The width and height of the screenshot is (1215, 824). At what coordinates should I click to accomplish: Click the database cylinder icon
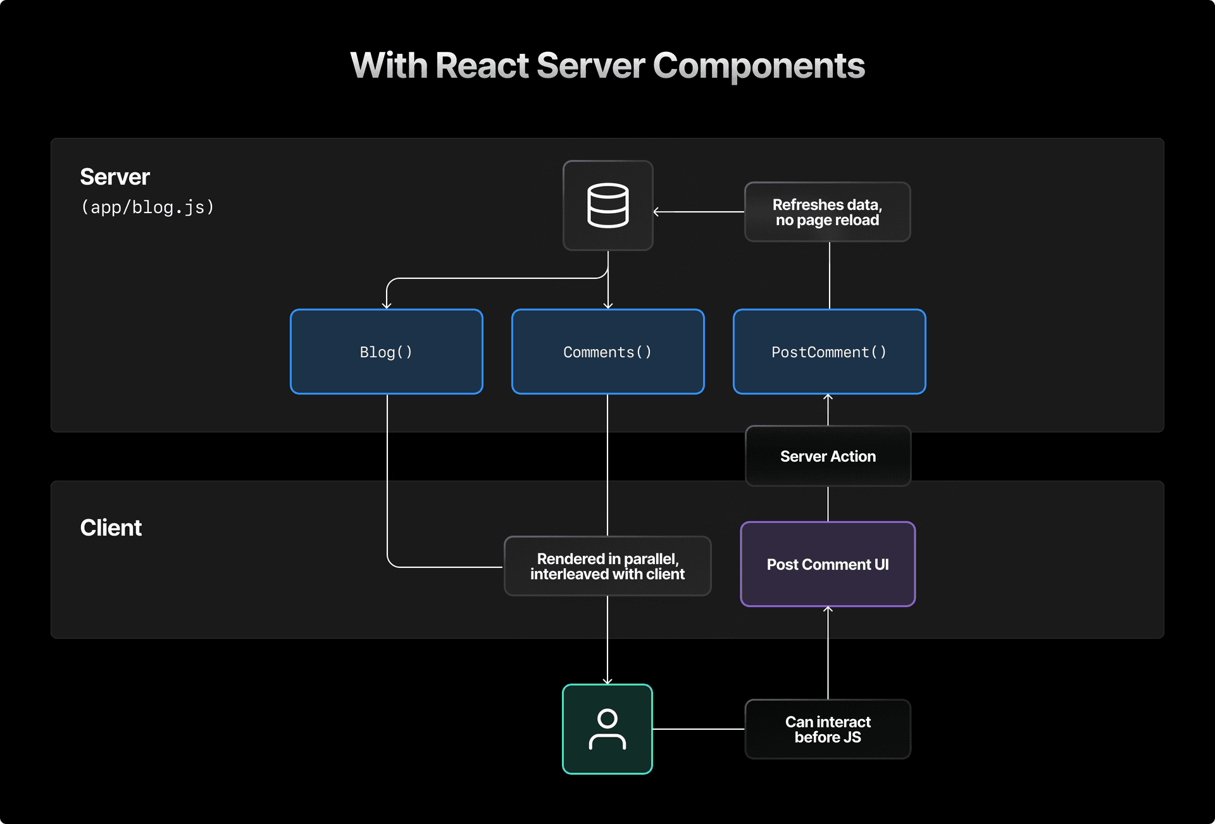(607, 206)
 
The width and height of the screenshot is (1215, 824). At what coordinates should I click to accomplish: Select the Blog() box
(386, 352)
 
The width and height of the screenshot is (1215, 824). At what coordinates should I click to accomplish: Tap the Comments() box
(607, 352)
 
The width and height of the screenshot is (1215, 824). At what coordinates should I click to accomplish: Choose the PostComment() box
(829, 352)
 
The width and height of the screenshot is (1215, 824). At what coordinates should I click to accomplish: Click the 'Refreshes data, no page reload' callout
(827, 212)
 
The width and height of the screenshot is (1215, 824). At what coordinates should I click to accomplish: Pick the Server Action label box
(828, 456)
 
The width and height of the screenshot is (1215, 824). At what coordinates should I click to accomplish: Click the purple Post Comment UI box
(828, 564)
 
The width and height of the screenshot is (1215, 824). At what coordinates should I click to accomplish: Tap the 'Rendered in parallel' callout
(607, 566)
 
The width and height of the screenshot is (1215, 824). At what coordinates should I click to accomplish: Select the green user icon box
(607, 729)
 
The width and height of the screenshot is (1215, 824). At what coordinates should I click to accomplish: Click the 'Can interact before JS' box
(828, 729)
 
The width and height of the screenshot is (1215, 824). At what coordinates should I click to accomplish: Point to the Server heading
(115, 177)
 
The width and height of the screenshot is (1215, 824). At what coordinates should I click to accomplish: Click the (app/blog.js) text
(147, 207)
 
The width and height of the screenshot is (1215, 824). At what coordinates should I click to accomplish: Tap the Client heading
(111, 527)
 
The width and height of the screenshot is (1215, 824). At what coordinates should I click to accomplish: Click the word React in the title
(482, 66)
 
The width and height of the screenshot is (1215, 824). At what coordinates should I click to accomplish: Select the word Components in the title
(758, 66)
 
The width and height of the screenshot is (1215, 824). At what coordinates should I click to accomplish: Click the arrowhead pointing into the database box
(657, 212)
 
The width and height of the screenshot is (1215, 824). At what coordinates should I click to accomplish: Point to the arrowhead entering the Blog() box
(387, 305)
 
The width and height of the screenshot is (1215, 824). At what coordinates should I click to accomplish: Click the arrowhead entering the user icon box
(607, 680)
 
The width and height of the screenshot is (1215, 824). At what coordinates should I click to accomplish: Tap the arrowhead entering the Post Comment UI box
(828, 610)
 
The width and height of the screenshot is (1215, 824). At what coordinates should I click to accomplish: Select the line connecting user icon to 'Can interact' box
(699, 729)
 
